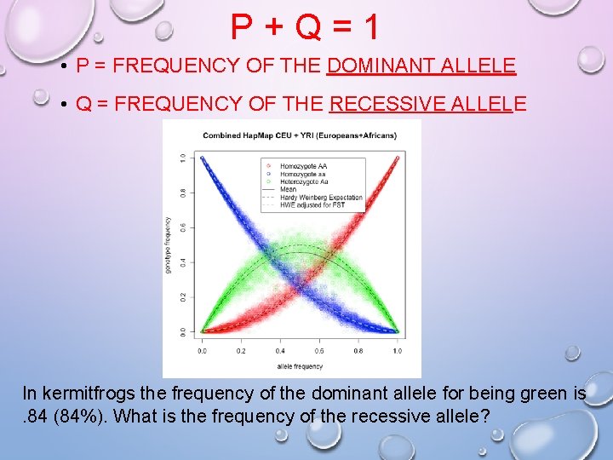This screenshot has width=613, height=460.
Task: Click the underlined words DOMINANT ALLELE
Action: click(421, 66)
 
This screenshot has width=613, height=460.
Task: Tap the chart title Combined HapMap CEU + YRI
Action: click(292, 135)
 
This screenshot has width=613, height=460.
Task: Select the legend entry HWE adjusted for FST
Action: click(312, 204)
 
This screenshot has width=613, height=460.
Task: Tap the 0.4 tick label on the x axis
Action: click(280, 350)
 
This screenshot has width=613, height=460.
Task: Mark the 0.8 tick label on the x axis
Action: click(358, 350)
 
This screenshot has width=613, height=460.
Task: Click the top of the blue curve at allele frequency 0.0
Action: click(203, 158)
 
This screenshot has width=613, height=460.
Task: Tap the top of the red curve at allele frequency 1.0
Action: click(398, 158)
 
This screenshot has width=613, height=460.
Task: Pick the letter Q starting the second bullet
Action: click(83, 105)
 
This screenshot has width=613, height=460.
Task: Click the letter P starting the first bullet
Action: click(83, 66)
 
